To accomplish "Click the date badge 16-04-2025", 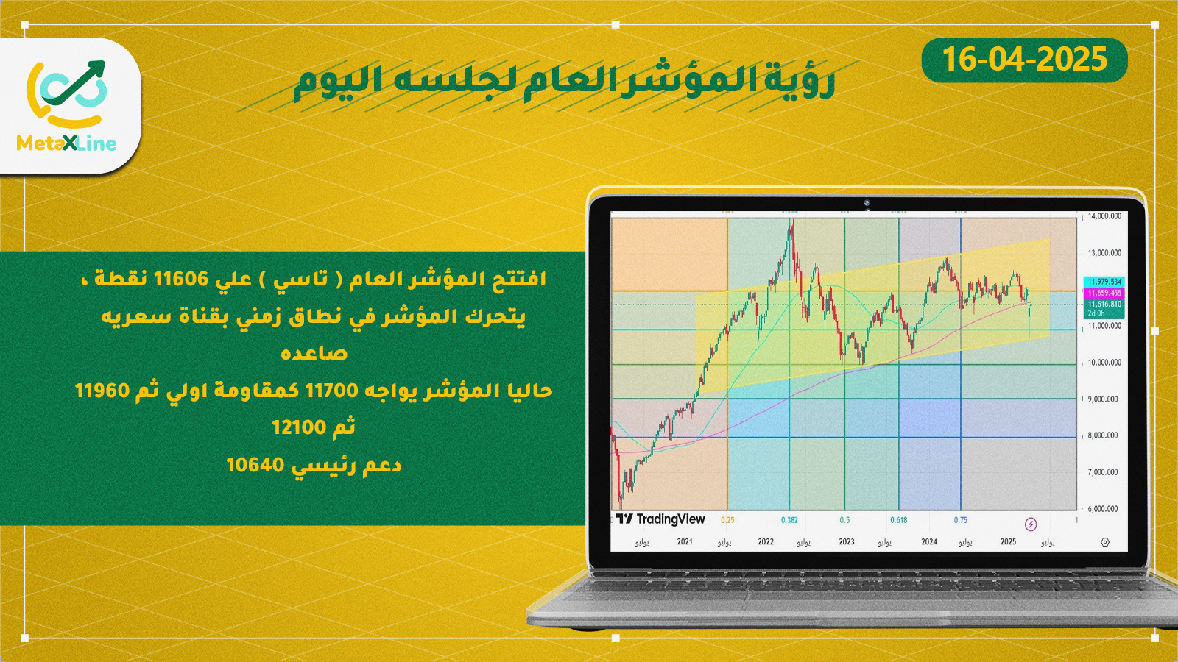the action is click(x=1024, y=60).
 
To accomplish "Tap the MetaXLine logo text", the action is click(x=67, y=143).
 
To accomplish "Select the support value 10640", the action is click(x=255, y=465).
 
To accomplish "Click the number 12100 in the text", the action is click(x=300, y=427).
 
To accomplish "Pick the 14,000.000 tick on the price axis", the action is click(x=1104, y=216).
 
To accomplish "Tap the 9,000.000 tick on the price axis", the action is click(x=1104, y=399).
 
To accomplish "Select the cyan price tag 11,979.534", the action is click(x=1104, y=282).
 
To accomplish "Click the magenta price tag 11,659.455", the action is click(x=1104, y=293).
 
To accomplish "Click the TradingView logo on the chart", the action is click(x=660, y=519).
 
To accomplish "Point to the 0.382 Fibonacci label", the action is click(x=789, y=520).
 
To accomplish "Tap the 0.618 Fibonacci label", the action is click(x=899, y=520).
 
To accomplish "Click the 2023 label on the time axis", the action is click(x=847, y=541).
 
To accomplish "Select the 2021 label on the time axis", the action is click(x=685, y=541).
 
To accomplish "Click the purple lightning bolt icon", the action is click(x=1031, y=524).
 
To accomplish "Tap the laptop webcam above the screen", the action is click(x=866, y=203).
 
